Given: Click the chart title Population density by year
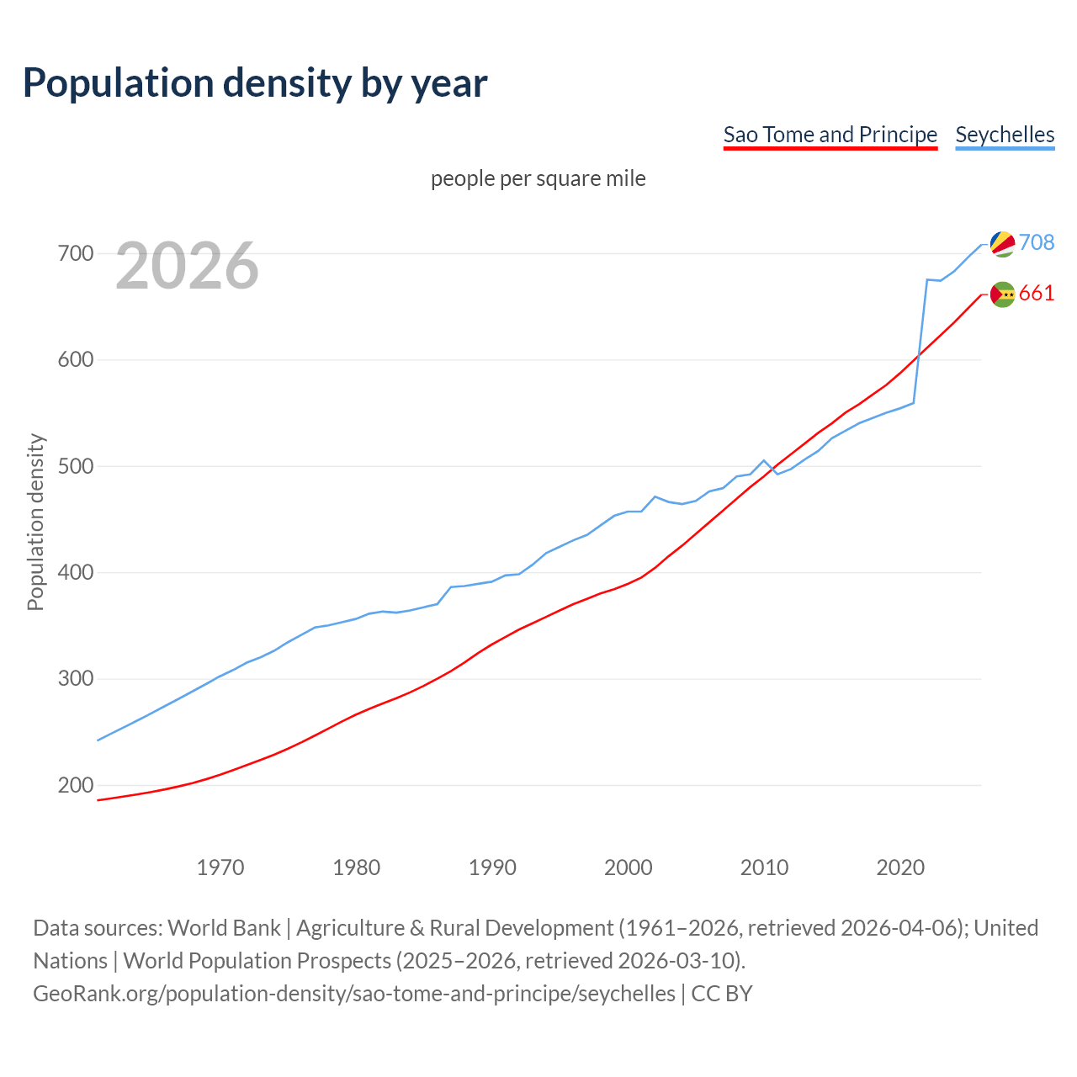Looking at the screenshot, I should point(255,83).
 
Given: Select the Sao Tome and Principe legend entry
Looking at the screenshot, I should point(830,135).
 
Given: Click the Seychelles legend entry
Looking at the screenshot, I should point(1005,135).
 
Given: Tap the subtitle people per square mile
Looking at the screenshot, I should point(538,179).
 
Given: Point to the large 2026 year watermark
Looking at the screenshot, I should point(187,266).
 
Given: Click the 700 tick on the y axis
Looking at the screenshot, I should point(76,253).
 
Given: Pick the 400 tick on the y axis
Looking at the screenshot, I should point(76,572).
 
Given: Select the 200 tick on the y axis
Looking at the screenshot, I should point(76,785).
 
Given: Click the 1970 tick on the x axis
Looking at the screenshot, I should point(220,867).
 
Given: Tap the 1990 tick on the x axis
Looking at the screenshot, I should point(492,867).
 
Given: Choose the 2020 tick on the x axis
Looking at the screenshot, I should point(900,867).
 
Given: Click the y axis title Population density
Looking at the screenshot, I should point(35,522).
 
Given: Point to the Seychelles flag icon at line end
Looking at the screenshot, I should point(1002,243).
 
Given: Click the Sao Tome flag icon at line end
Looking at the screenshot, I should point(1002,294).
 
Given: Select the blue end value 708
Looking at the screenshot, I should point(1037,242).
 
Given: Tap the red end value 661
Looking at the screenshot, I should point(1037,293).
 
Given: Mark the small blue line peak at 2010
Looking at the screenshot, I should point(764,460).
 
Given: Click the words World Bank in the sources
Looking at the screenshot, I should point(224,928).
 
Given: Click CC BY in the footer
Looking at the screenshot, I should point(722,994).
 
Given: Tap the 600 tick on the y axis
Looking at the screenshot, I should point(76,359).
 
